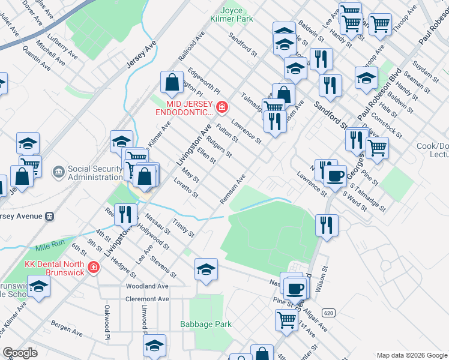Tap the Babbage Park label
click(206, 325)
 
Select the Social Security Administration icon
click(59, 173)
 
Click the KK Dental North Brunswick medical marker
click(93, 266)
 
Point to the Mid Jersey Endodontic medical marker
click(222, 107)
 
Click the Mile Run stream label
click(49, 247)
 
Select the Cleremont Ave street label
click(147, 299)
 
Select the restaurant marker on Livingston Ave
click(125, 214)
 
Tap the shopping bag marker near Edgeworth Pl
click(172, 82)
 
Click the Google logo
click(20, 353)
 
